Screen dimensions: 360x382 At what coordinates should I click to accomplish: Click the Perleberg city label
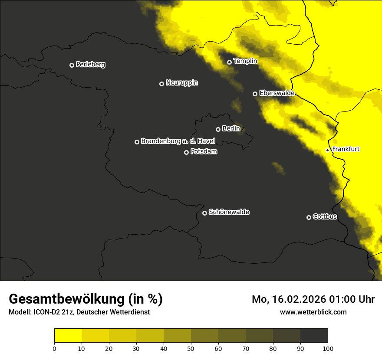[x=90, y=65]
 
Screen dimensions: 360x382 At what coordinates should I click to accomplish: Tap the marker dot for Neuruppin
[x=161, y=84]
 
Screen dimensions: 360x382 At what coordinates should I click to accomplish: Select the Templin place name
[x=245, y=61]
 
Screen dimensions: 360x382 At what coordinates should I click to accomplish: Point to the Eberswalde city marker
[x=255, y=94]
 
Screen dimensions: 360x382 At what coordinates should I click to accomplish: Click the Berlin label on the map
[x=231, y=129]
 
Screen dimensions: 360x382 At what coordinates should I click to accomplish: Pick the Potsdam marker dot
[x=186, y=152]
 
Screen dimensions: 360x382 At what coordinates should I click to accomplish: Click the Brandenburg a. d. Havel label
[x=178, y=141]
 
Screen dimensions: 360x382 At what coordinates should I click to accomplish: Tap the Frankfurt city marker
[x=327, y=150]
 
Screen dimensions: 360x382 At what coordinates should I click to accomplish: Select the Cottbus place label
[x=325, y=217]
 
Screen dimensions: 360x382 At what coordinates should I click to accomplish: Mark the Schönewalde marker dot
[x=204, y=213]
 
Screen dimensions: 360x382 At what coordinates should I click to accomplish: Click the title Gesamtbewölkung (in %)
[x=86, y=299]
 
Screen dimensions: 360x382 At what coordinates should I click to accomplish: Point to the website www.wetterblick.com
[x=313, y=312]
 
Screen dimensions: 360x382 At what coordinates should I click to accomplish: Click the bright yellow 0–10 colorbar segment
[x=68, y=336]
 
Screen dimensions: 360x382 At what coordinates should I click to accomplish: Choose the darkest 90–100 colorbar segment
[x=314, y=336]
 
